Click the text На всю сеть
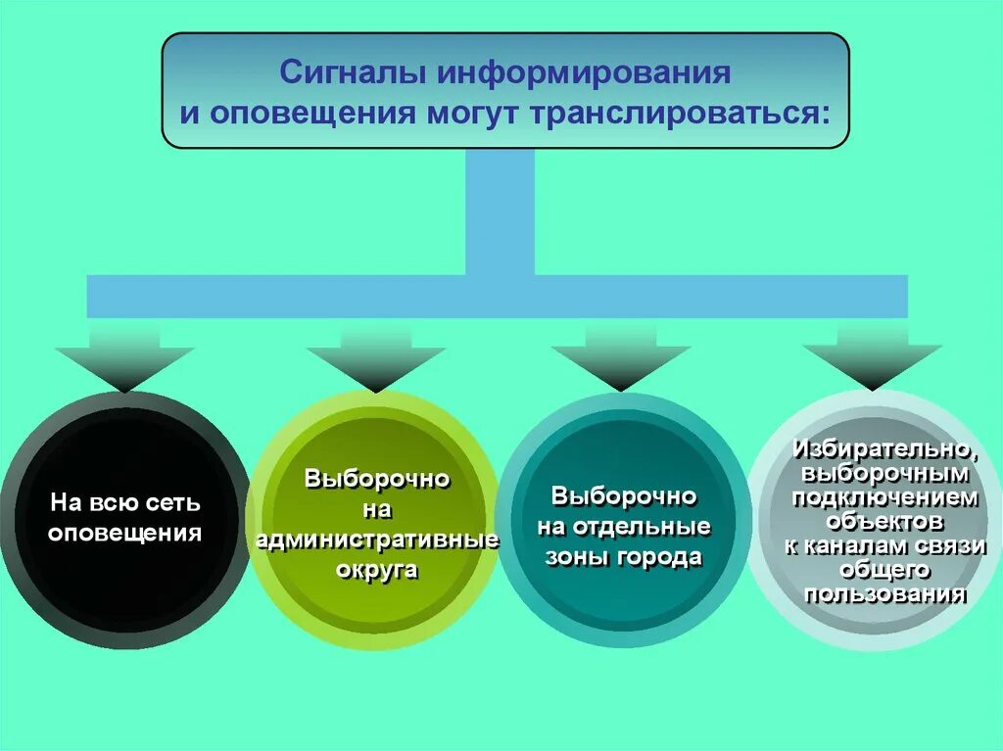pos(125,504)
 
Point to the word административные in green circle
pos(377,540)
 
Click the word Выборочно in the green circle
pos(377,480)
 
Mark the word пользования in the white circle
pos(885,593)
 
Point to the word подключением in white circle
pos(885,497)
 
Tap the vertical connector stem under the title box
pos(501,211)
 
